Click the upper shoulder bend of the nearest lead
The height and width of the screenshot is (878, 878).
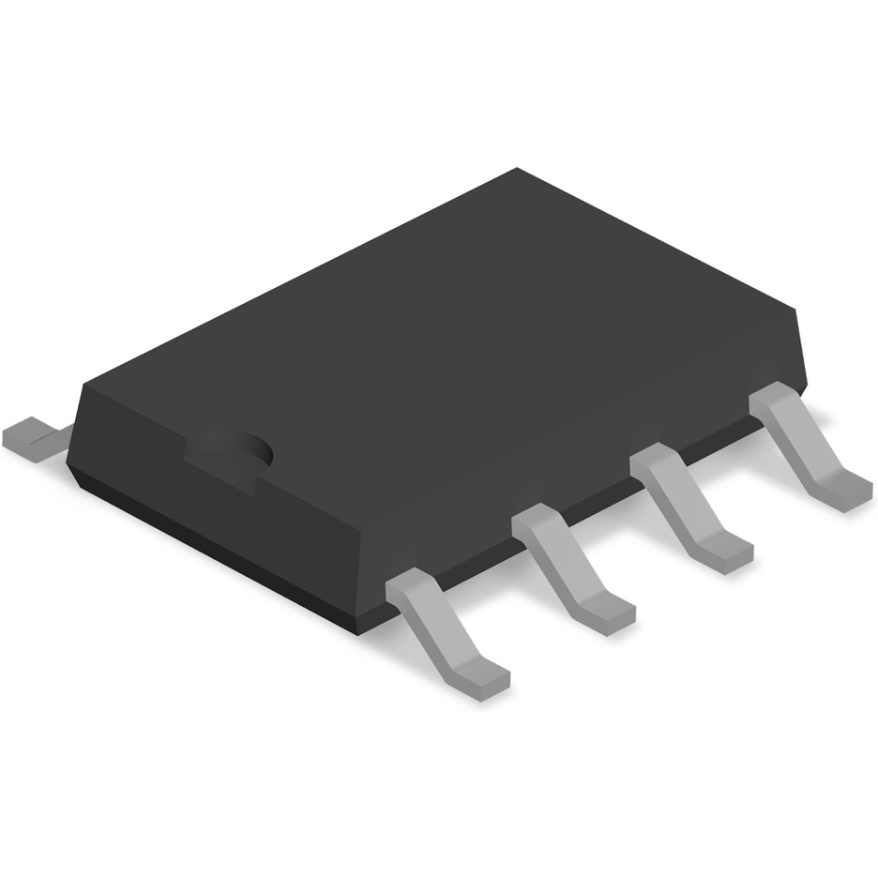413,587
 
